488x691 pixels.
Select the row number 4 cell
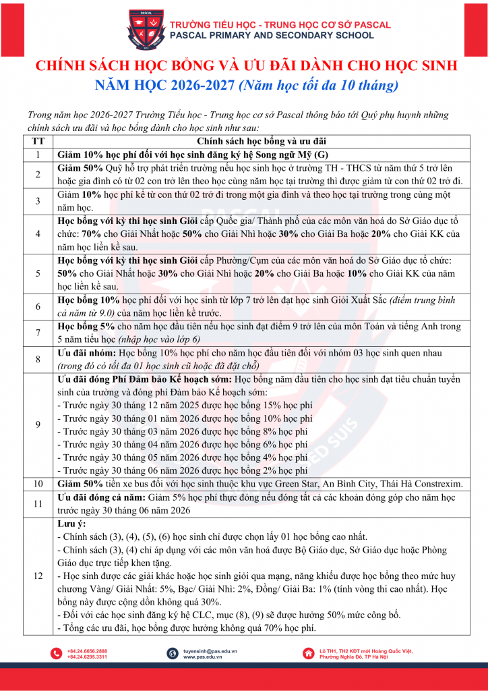tap(38, 233)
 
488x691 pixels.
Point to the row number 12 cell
tap(38, 576)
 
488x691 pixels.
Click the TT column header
tap(38, 141)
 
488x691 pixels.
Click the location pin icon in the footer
tap(308, 653)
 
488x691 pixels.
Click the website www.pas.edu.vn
tap(202, 657)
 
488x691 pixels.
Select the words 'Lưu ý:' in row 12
tap(72, 523)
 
